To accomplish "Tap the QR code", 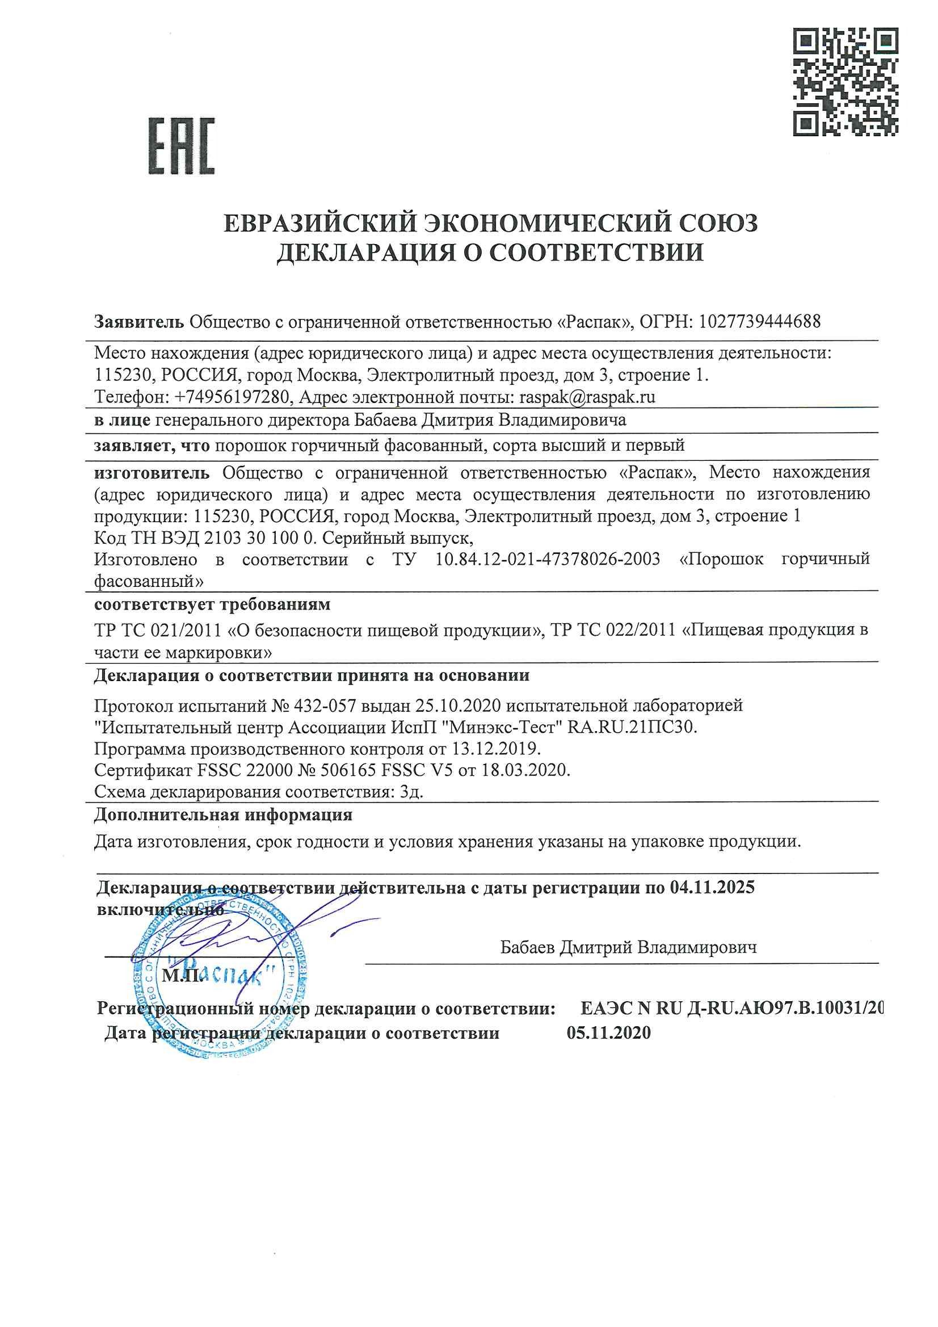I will click(x=845, y=83).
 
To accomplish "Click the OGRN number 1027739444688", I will click(x=759, y=321).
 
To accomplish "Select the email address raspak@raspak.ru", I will click(x=587, y=397).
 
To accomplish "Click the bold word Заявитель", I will click(x=139, y=321).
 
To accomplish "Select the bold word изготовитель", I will click(x=152, y=473).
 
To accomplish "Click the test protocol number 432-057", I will click(x=326, y=706).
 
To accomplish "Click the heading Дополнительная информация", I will click(x=223, y=816).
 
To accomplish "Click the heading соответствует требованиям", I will click(x=212, y=604).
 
